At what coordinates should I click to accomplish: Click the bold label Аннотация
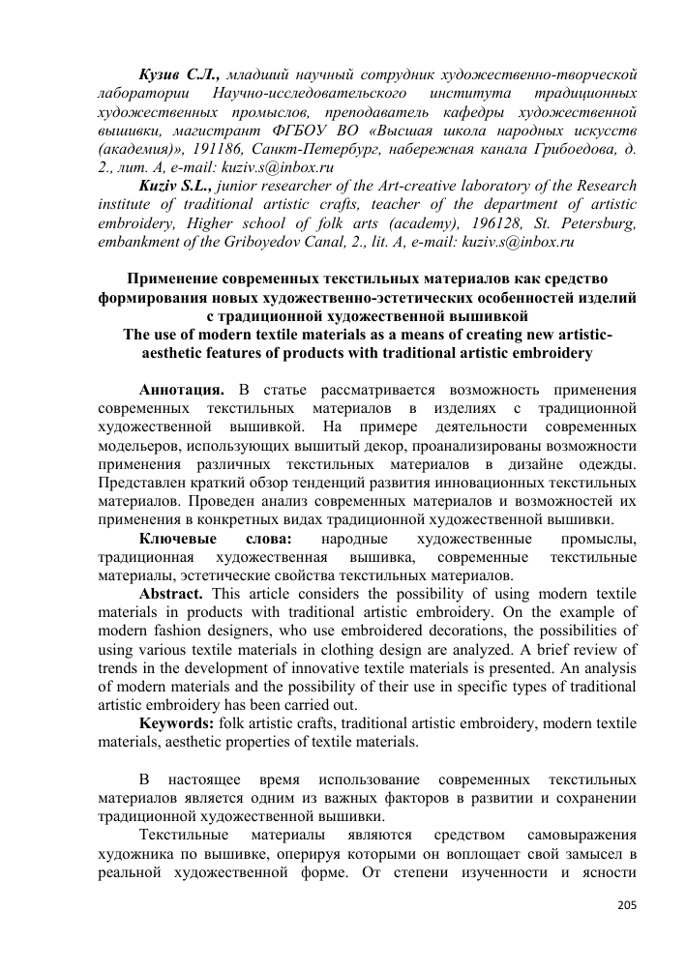pyautogui.click(x=182, y=390)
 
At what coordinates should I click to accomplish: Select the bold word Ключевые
pyautogui.click(x=173, y=539)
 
